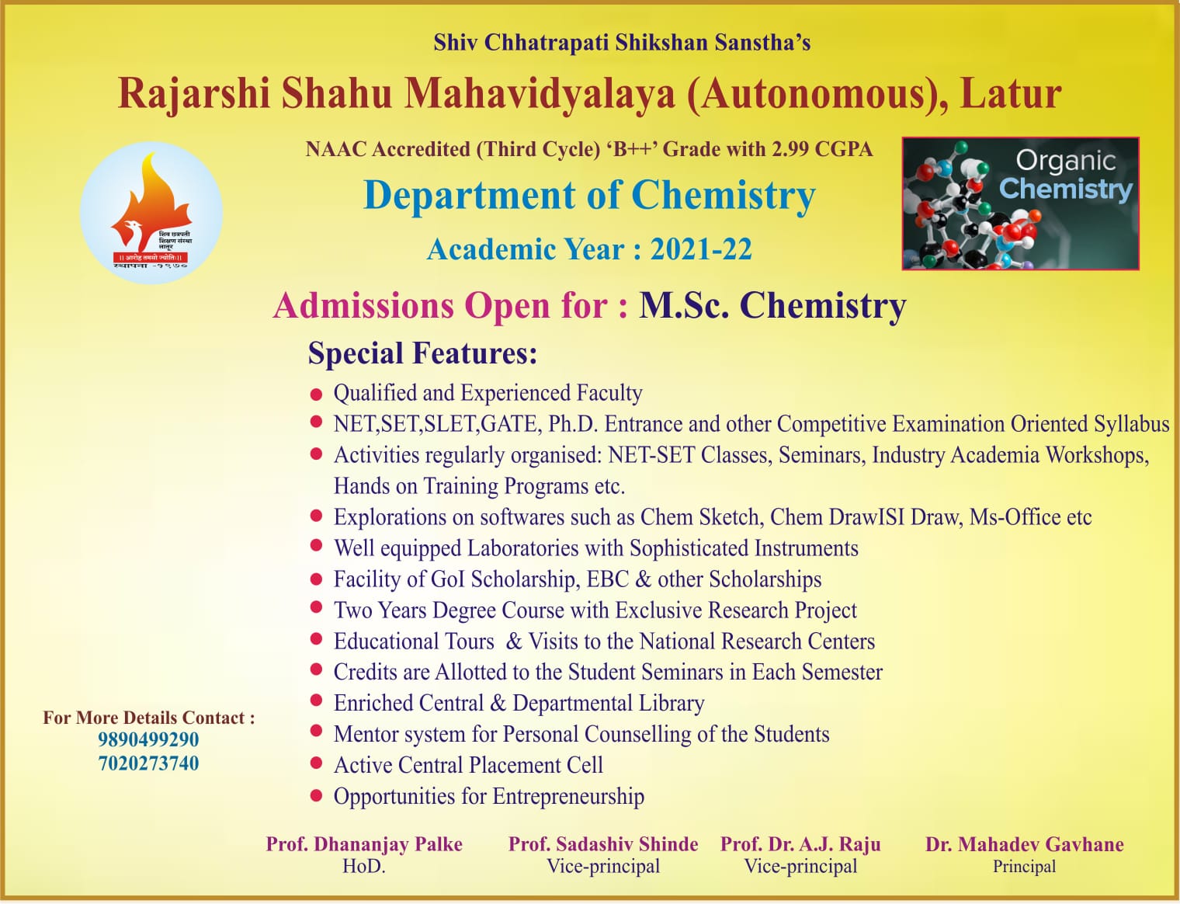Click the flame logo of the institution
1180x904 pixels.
(x=151, y=213)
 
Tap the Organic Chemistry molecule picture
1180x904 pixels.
(x=1020, y=203)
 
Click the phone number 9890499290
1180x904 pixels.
(x=148, y=739)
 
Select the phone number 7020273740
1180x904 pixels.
(x=148, y=763)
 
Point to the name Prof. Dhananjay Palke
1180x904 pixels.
(x=364, y=844)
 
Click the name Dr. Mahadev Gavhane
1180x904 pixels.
(x=1024, y=844)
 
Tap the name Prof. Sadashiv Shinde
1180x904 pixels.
(x=602, y=844)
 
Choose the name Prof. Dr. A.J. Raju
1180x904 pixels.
(x=800, y=844)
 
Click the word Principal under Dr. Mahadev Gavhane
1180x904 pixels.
(x=1024, y=867)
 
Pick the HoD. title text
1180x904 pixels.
(x=364, y=866)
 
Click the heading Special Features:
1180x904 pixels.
(x=422, y=353)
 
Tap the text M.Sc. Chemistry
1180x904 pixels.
(x=772, y=306)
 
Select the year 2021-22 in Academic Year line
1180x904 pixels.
(x=701, y=249)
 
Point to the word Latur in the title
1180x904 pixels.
(x=1011, y=94)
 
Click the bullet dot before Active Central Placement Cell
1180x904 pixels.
(x=316, y=764)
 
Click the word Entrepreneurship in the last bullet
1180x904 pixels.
(x=568, y=797)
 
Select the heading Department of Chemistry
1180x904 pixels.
(x=589, y=195)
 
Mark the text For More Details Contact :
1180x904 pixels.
(x=149, y=718)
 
